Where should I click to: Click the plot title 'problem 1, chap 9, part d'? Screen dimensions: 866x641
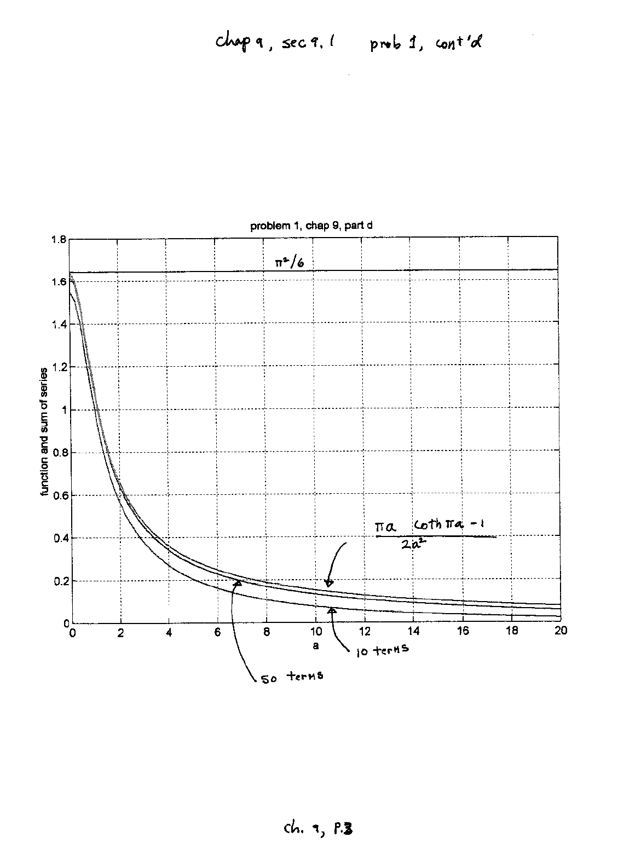312,226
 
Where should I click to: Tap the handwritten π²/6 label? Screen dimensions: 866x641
290,262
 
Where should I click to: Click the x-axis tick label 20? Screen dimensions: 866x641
560,631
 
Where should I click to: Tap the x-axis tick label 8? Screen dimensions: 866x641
267,631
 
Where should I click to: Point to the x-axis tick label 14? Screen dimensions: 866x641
414,631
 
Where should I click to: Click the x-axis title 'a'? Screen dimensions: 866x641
315,645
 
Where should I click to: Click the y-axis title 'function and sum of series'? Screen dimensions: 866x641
44,432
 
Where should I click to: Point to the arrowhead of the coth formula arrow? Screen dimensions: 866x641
328,584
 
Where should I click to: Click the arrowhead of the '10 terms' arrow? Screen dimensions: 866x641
331,610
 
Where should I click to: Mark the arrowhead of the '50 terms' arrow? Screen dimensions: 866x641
238,584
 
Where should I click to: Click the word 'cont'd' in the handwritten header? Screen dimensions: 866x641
458,43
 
